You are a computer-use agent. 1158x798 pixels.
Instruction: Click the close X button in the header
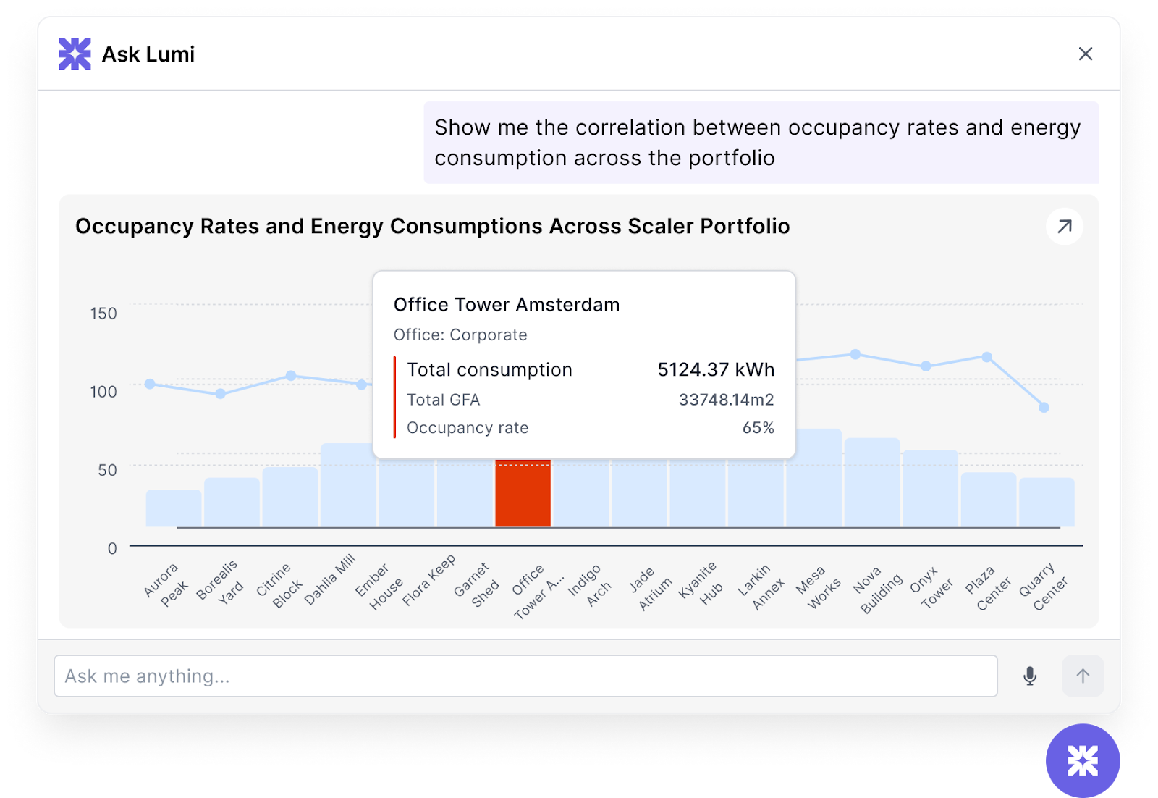tap(1085, 54)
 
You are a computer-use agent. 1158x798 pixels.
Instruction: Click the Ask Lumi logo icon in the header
tap(75, 54)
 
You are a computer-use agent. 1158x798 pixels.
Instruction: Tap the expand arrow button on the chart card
tap(1064, 227)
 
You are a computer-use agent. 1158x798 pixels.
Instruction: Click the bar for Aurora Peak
tap(174, 508)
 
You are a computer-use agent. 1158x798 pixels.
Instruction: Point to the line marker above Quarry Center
tap(1044, 408)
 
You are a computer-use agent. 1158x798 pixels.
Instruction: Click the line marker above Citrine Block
tap(291, 376)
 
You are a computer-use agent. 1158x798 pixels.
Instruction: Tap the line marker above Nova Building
tap(855, 355)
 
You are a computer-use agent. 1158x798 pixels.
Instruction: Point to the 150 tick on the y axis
tap(103, 314)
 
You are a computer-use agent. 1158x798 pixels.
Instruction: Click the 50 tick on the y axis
tap(107, 470)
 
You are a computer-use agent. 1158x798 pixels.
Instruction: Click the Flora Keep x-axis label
tap(428, 580)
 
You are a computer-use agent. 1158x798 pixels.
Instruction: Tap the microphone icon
tap(1029, 676)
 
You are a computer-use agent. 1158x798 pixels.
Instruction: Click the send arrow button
tap(1082, 676)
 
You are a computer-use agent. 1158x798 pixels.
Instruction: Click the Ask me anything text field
tap(525, 676)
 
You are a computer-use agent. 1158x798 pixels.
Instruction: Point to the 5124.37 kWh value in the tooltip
tap(715, 370)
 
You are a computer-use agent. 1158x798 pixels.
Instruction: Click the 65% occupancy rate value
tap(758, 428)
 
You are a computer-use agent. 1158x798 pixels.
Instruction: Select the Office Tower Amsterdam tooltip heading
tap(507, 305)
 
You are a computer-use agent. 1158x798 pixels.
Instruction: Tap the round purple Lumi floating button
tap(1082, 760)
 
